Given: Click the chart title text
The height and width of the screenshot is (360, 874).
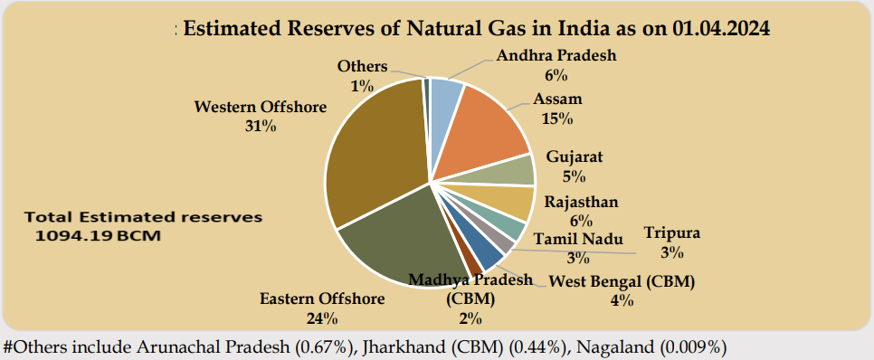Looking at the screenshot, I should [477, 29].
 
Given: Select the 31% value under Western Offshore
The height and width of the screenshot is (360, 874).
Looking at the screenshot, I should [261, 127].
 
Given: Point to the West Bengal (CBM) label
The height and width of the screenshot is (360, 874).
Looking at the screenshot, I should [622, 282].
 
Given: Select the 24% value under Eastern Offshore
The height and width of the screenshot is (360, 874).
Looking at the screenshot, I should [322, 317].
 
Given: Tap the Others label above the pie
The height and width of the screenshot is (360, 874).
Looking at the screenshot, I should [363, 66].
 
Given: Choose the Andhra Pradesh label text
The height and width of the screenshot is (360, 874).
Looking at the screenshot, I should [556, 55].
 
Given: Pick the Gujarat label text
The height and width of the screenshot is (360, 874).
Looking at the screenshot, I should [575, 156].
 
